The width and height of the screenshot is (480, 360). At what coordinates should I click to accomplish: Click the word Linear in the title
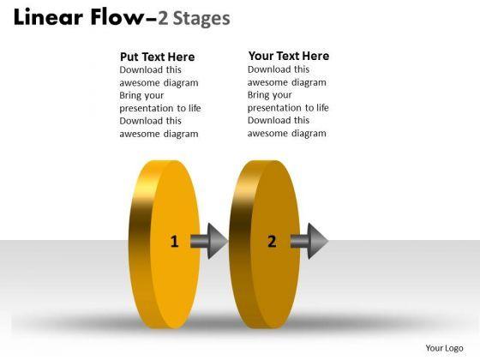click(48, 17)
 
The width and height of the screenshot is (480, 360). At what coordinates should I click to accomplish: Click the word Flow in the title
click(117, 17)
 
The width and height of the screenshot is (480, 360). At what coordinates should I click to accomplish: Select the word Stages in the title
click(201, 19)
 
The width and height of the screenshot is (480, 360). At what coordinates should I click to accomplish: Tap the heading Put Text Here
click(158, 57)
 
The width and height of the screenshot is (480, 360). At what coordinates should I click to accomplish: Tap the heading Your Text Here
click(289, 56)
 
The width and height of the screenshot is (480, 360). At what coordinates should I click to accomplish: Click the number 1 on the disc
click(175, 241)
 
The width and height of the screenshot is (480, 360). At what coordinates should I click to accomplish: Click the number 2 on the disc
click(272, 241)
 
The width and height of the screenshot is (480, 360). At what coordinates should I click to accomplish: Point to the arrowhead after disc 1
click(218, 241)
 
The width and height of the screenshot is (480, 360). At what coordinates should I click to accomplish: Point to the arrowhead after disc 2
click(318, 241)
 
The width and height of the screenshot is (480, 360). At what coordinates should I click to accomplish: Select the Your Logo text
click(444, 348)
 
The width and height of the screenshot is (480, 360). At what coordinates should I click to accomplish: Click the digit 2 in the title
click(163, 18)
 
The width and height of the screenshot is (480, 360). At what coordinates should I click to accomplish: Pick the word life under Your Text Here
click(322, 107)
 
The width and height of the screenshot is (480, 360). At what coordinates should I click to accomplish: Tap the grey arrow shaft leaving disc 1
click(199, 241)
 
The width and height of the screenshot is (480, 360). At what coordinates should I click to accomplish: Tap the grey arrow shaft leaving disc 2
click(299, 241)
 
